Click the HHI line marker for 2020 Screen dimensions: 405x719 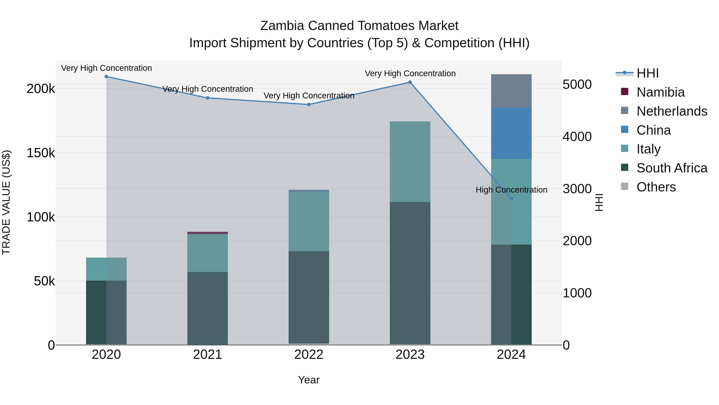click(x=106, y=77)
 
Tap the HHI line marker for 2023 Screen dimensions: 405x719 click(x=410, y=82)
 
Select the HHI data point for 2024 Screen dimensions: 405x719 click(x=511, y=199)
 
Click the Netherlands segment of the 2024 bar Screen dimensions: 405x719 click(x=511, y=91)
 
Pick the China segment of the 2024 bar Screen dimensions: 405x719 click(x=511, y=133)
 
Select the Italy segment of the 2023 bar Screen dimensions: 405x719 click(x=410, y=162)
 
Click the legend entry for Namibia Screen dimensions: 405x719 click(x=660, y=92)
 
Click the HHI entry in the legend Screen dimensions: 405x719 click(x=647, y=73)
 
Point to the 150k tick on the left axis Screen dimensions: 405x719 click(x=41, y=153)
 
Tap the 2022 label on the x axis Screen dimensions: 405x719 click(x=309, y=355)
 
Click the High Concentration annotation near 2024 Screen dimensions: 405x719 click(x=511, y=190)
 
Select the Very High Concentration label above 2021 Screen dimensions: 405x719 click(x=208, y=89)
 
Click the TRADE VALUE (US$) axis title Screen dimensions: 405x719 click(x=6, y=202)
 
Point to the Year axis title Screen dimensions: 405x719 click(x=309, y=380)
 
